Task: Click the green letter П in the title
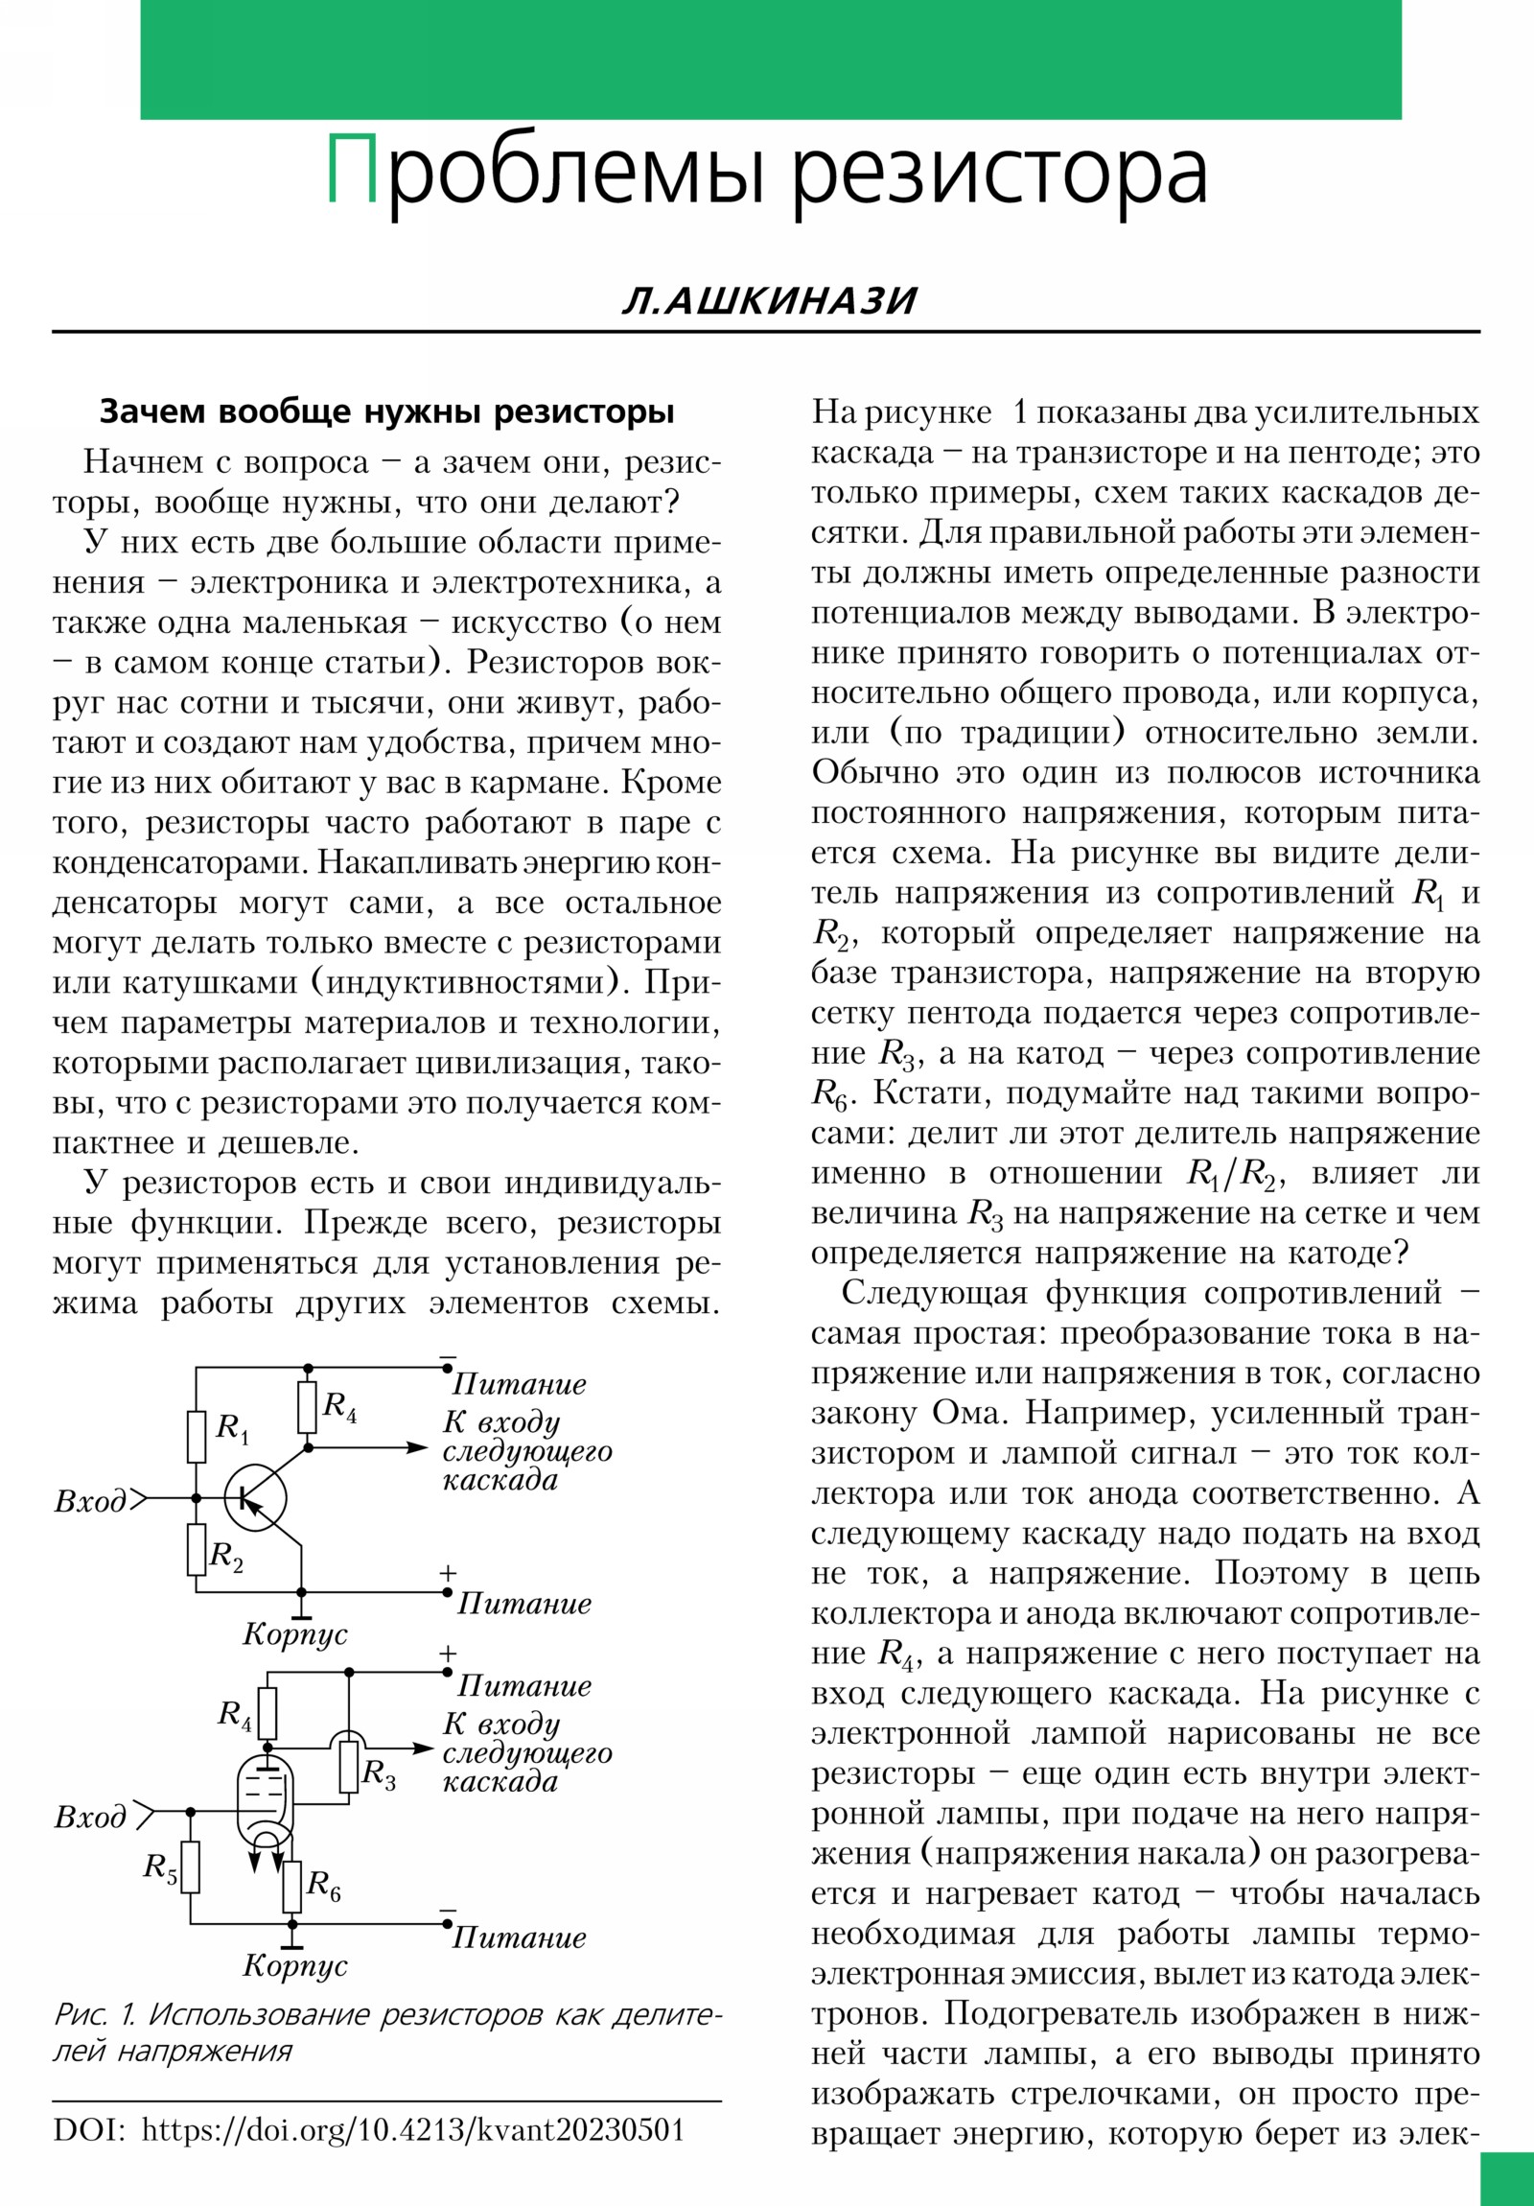(x=353, y=169)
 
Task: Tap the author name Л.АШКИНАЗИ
(x=769, y=301)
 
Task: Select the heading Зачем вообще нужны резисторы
(x=387, y=412)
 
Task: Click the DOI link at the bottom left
(x=412, y=2130)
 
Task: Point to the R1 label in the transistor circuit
(x=231, y=1428)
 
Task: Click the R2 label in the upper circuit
(x=226, y=1555)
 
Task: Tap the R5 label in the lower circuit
(x=160, y=1866)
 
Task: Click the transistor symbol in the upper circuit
(x=255, y=1498)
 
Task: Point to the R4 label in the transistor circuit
(x=339, y=1407)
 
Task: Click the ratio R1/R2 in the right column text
(x=1234, y=1174)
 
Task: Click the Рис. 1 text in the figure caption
(x=94, y=2015)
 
